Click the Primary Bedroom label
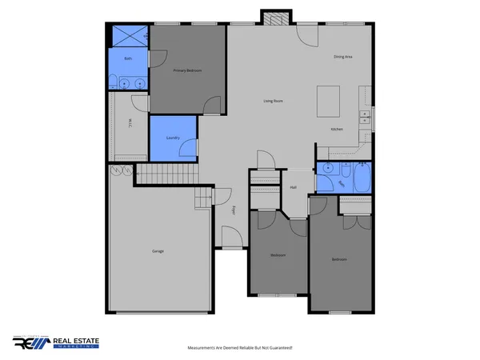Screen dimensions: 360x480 click(x=187, y=71)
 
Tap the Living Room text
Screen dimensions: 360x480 click(x=274, y=101)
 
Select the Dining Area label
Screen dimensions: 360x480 click(x=343, y=57)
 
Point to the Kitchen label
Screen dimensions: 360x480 click(x=338, y=129)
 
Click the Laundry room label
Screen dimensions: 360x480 click(x=172, y=138)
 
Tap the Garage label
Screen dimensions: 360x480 click(x=158, y=251)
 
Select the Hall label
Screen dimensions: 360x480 click(x=294, y=188)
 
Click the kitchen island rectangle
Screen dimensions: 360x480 click(x=329, y=101)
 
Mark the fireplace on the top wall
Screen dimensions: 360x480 click(x=272, y=18)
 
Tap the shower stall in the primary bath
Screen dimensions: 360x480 click(x=128, y=36)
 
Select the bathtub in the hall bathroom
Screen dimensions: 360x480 click(x=360, y=178)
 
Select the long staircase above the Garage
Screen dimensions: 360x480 click(x=170, y=174)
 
